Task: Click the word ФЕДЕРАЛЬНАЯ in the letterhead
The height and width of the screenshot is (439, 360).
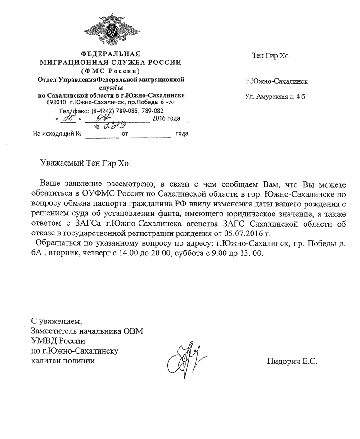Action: click(x=110, y=54)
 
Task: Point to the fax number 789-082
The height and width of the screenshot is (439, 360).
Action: click(x=153, y=111)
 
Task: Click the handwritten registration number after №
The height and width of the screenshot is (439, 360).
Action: click(x=114, y=126)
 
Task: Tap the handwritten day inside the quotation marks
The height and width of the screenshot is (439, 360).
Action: click(x=69, y=118)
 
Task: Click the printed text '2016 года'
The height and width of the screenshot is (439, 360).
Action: click(x=166, y=119)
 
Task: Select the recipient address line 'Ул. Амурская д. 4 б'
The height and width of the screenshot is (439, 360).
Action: click(x=274, y=96)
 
